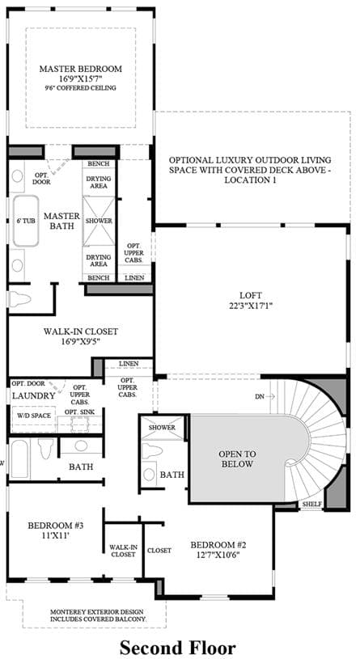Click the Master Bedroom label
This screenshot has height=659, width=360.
click(81, 69)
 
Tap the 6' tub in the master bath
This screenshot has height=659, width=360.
click(26, 221)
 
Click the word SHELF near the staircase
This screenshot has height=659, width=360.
click(311, 504)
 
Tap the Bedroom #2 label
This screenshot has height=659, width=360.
click(218, 545)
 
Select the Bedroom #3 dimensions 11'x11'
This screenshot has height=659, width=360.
click(56, 535)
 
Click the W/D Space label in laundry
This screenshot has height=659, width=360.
click(34, 416)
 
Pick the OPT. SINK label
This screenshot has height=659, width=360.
click(79, 412)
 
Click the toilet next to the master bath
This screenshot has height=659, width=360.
click(19, 299)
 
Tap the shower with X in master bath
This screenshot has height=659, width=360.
click(99, 221)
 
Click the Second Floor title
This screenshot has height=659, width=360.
click(177, 648)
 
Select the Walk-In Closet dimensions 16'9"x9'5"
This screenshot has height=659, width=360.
click(80, 341)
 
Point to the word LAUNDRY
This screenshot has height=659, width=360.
click(33, 395)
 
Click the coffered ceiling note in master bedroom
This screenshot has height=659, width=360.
click(81, 88)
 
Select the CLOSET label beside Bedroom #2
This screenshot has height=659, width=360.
click(159, 551)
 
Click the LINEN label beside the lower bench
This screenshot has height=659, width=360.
click(134, 278)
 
